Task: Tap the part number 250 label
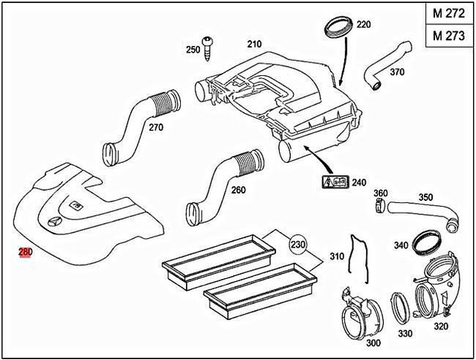coord(193,49)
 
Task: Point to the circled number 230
coord(298,245)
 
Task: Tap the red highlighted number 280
coord(25,254)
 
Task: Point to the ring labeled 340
coord(426,241)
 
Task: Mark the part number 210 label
coord(254,44)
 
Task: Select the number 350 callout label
coord(425,197)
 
